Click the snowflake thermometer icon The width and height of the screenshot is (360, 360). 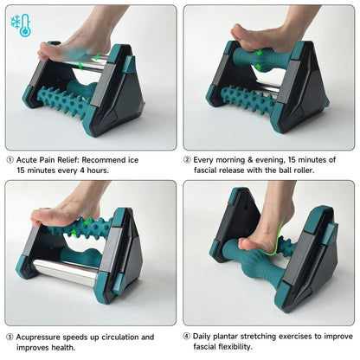(22, 25)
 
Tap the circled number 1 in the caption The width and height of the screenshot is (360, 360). (10, 159)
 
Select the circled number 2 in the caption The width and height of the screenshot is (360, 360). (188, 159)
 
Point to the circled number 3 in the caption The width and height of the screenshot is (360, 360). (10, 337)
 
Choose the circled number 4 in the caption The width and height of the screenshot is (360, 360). (188, 337)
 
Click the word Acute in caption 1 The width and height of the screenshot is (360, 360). (29, 159)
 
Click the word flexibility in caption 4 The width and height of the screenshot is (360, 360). (247, 348)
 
